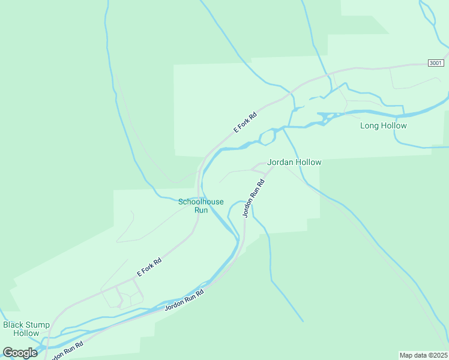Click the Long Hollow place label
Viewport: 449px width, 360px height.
tap(383, 126)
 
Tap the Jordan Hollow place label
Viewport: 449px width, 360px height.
tap(294, 162)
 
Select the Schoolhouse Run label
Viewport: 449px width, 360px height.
tap(201, 206)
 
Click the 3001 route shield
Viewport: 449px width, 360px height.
tap(436, 63)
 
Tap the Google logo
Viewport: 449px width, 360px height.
tap(20, 353)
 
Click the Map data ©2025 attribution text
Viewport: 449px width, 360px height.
tap(423, 355)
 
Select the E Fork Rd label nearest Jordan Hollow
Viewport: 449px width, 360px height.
tap(245, 122)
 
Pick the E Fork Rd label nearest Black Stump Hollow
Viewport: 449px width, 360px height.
tap(149, 267)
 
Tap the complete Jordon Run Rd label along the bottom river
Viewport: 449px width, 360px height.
tap(184, 301)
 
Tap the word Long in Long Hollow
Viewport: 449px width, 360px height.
tap(369, 126)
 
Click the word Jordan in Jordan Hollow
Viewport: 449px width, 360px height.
tap(280, 162)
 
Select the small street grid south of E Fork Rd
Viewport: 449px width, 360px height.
tap(122, 296)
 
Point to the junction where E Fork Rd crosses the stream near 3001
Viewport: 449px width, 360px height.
tap(292, 95)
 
